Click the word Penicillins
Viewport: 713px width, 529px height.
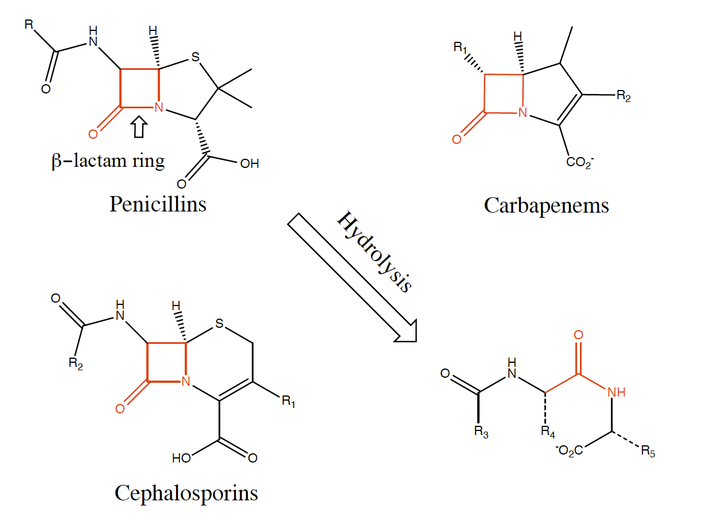click(x=158, y=204)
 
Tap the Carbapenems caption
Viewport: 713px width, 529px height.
click(x=546, y=206)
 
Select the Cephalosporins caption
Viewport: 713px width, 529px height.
click(x=186, y=493)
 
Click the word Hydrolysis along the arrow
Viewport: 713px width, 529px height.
click(x=375, y=252)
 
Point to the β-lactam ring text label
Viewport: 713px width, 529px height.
click(x=108, y=160)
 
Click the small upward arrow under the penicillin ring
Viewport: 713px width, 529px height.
click(x=139, y=127)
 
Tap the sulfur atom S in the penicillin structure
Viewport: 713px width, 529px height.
click(x=196, y=57)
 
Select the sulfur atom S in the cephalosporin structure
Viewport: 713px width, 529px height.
click(x=219, y=323)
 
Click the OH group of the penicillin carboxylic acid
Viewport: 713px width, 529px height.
click(x=250, y=164)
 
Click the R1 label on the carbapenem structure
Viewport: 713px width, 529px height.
click(x=461, y=47)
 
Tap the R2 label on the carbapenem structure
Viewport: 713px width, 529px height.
click(x=624, y=96)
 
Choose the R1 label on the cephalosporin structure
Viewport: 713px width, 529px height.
click(x=289, y=401)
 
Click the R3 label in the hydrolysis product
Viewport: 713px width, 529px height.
click(x=481, y=432)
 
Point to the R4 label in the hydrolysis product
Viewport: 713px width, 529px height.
click(x=548, y=432)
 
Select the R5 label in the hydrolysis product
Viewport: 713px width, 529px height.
click(x=648, y=451)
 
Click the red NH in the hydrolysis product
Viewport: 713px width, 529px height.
click(x=616, y=392)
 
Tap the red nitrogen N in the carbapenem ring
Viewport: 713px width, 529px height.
click(x=523, y=112)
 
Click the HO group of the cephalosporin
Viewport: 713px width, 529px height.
click(x=182, y=459)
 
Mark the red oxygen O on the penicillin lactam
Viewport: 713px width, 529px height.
click(x=93, y=134)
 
